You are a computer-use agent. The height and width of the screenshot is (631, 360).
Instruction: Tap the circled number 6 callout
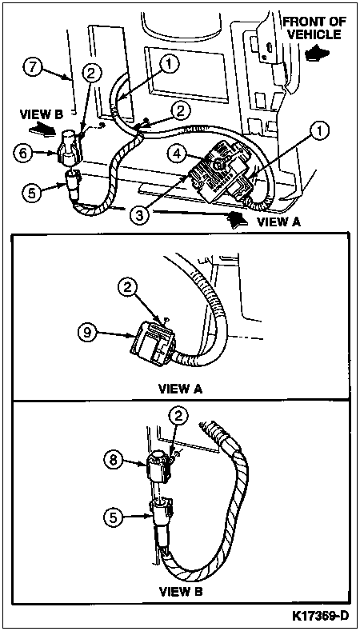tap(22, 153)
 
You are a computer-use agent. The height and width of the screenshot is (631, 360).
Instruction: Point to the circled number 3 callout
tap(139, 214)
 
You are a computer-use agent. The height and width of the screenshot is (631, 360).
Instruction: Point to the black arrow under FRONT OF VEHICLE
tap(316, 54)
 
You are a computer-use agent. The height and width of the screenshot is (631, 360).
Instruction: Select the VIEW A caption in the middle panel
tap(180, 389)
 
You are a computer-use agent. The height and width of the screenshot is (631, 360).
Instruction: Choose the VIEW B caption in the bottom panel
tap(181, 592)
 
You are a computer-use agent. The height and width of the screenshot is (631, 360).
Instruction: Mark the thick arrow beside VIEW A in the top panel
tap(238, 220)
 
